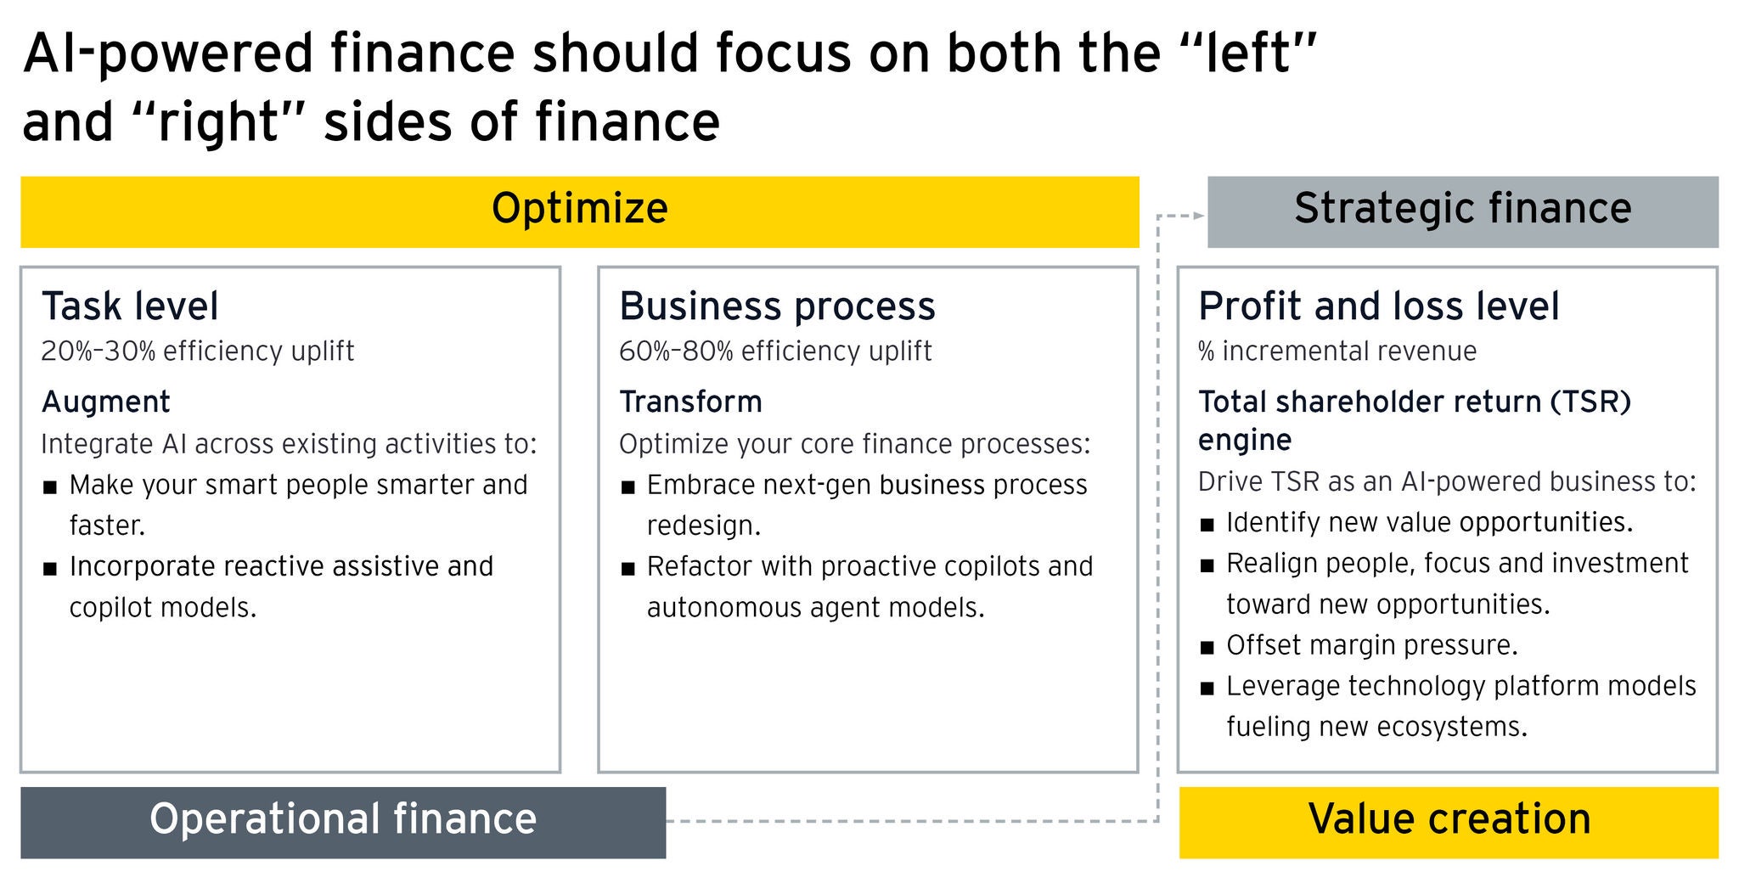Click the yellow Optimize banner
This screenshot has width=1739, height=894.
click(x=579, y=211)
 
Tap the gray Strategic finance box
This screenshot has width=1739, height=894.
click(x=1462, y=211)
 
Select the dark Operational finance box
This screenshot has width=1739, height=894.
click(x=343, y=821)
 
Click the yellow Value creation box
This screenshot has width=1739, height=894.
click(x=1449, y=821)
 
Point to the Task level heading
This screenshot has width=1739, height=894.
click(x=130, y=306)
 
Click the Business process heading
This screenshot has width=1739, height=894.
click(x=777, y=306)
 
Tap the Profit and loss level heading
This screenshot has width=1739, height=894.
click(x=1378, y=306)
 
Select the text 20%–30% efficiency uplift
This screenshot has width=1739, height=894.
click(x=197, y=351)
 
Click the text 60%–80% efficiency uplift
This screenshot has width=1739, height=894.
click(x=775, y=351)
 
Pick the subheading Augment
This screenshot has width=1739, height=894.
click(x=106, y=402)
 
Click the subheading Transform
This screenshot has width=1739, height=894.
click(x=690, y=402)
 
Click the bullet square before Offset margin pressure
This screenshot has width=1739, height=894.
click(x=1207, y=648)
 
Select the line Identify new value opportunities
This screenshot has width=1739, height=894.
click(x=1429, y=522)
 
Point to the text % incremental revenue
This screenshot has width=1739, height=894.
click(x=1337, y=351)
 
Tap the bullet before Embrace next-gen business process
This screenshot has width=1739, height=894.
click(x=628, y=487)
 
